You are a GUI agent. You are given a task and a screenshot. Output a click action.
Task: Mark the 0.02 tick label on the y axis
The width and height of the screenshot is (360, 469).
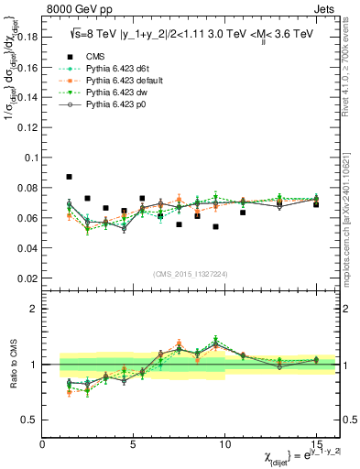(28, 278)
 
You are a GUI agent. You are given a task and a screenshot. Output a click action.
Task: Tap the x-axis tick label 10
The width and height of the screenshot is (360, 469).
(225, 443)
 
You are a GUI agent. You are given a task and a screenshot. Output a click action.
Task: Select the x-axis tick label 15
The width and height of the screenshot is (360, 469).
(317, 443)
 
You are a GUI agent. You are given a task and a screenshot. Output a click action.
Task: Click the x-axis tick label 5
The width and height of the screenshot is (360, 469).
(134, 443)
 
